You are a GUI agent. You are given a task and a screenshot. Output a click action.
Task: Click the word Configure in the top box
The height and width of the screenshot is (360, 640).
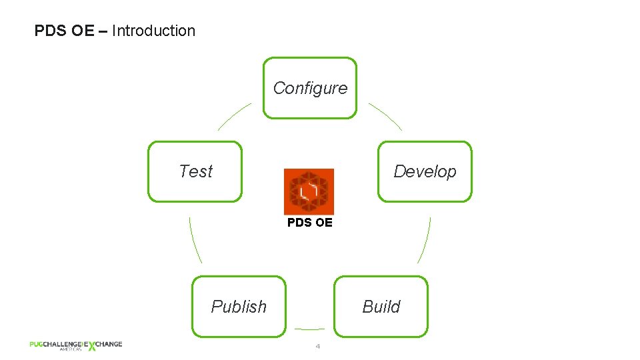[310, 88]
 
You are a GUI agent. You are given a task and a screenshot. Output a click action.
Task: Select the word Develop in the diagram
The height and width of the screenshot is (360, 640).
[425, 171]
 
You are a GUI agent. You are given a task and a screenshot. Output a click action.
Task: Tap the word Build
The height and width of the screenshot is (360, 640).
[381, 307]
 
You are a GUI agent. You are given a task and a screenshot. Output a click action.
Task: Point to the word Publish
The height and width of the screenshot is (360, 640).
[238, 307]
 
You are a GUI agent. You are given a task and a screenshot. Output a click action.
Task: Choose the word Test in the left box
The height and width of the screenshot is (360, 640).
[195, 171]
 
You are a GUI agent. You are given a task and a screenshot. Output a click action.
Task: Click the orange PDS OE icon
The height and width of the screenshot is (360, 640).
[309, 191]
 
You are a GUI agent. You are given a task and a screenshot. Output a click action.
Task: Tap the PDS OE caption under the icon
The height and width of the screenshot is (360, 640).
[309, 223]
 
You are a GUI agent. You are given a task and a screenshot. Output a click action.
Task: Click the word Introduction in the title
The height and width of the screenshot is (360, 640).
[153, 31]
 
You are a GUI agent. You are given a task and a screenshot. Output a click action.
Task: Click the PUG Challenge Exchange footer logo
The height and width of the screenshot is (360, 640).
[75, 345]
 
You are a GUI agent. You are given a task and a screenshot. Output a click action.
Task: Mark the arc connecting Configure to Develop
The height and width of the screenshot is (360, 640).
[385, 115]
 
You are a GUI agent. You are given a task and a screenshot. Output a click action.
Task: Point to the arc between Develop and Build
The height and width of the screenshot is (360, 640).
[425, 240]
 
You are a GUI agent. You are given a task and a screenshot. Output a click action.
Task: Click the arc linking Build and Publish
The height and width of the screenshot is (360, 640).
[309, 329]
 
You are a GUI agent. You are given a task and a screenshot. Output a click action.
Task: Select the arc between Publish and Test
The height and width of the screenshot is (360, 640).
[195, 240]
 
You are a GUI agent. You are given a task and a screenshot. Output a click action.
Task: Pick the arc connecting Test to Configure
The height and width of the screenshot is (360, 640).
[233, 115]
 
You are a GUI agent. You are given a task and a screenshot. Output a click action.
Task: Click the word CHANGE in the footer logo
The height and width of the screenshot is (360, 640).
[109, 344]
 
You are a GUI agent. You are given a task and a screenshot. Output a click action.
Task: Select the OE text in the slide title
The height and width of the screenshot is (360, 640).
[83, 31]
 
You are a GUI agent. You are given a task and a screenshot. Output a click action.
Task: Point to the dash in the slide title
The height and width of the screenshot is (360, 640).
[103, 31]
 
